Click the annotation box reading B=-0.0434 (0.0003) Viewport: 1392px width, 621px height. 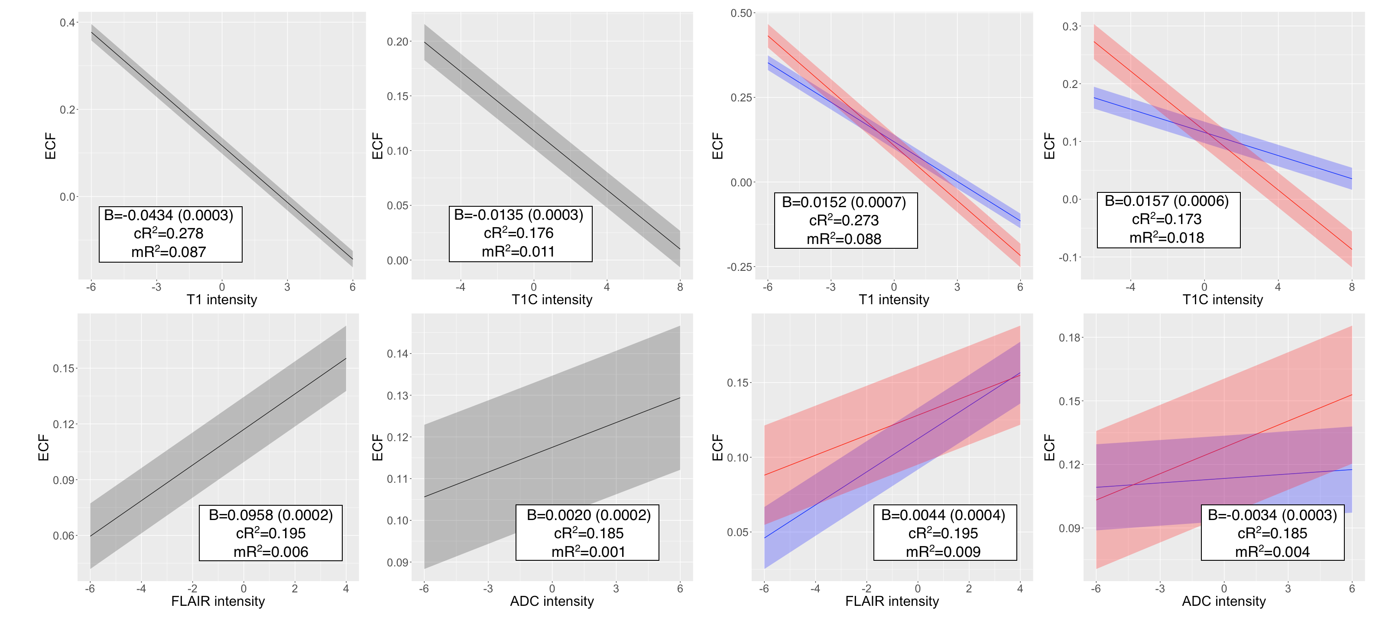170,234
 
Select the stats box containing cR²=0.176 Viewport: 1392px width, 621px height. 520,234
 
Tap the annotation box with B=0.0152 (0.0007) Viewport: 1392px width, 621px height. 845,221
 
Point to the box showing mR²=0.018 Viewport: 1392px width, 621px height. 1168,220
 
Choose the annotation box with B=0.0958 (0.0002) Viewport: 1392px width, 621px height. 270,533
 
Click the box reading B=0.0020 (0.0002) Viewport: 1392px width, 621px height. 587,533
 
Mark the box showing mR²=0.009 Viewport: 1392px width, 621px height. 944,533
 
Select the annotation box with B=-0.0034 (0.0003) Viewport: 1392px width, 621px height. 1272,533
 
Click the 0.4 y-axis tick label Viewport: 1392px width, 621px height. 68,23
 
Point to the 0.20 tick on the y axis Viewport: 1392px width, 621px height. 398,42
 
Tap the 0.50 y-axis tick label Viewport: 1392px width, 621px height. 741,13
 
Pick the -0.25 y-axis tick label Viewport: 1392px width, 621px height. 739,267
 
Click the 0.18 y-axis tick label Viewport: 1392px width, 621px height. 1069,338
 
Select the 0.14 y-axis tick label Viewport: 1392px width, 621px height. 398,354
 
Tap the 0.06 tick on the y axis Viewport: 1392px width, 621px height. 64,536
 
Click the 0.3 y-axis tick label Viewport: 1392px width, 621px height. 1070,26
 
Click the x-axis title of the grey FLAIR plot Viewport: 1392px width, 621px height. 218,601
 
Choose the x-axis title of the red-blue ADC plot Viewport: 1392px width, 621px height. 1223,601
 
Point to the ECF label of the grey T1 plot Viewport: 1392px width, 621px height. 50,146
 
